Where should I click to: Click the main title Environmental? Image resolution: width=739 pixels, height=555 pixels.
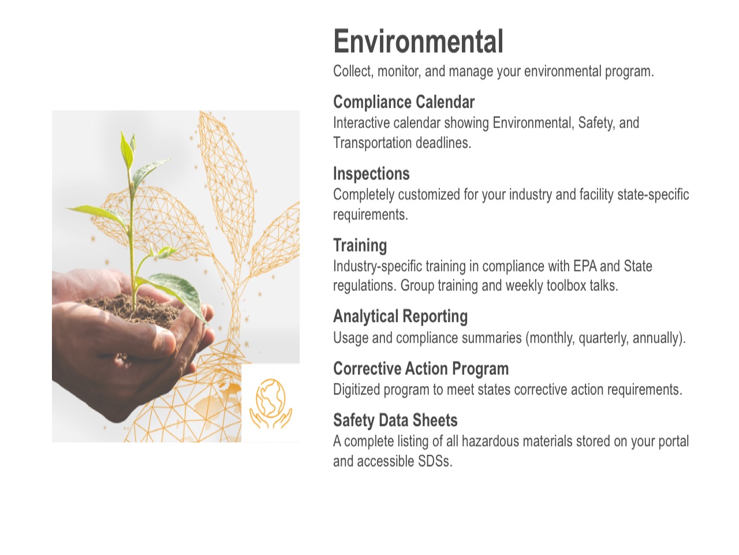pos(418,42)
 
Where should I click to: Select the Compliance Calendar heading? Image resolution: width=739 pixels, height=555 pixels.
pos(404,102)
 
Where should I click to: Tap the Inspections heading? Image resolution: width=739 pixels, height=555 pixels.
pos(371,174)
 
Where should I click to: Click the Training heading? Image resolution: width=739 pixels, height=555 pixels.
pos(360,245)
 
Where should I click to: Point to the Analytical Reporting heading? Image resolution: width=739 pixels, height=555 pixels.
pos(400,317)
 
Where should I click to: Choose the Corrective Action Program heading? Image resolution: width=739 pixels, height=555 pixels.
pos(421,369)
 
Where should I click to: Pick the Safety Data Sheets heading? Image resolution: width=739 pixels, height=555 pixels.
pos(395,420)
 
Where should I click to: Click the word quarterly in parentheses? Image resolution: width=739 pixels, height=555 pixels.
pos(603,338)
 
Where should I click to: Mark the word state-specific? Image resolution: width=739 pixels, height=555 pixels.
pos(653,195)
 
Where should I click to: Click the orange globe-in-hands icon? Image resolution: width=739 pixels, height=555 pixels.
pos(270,403)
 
